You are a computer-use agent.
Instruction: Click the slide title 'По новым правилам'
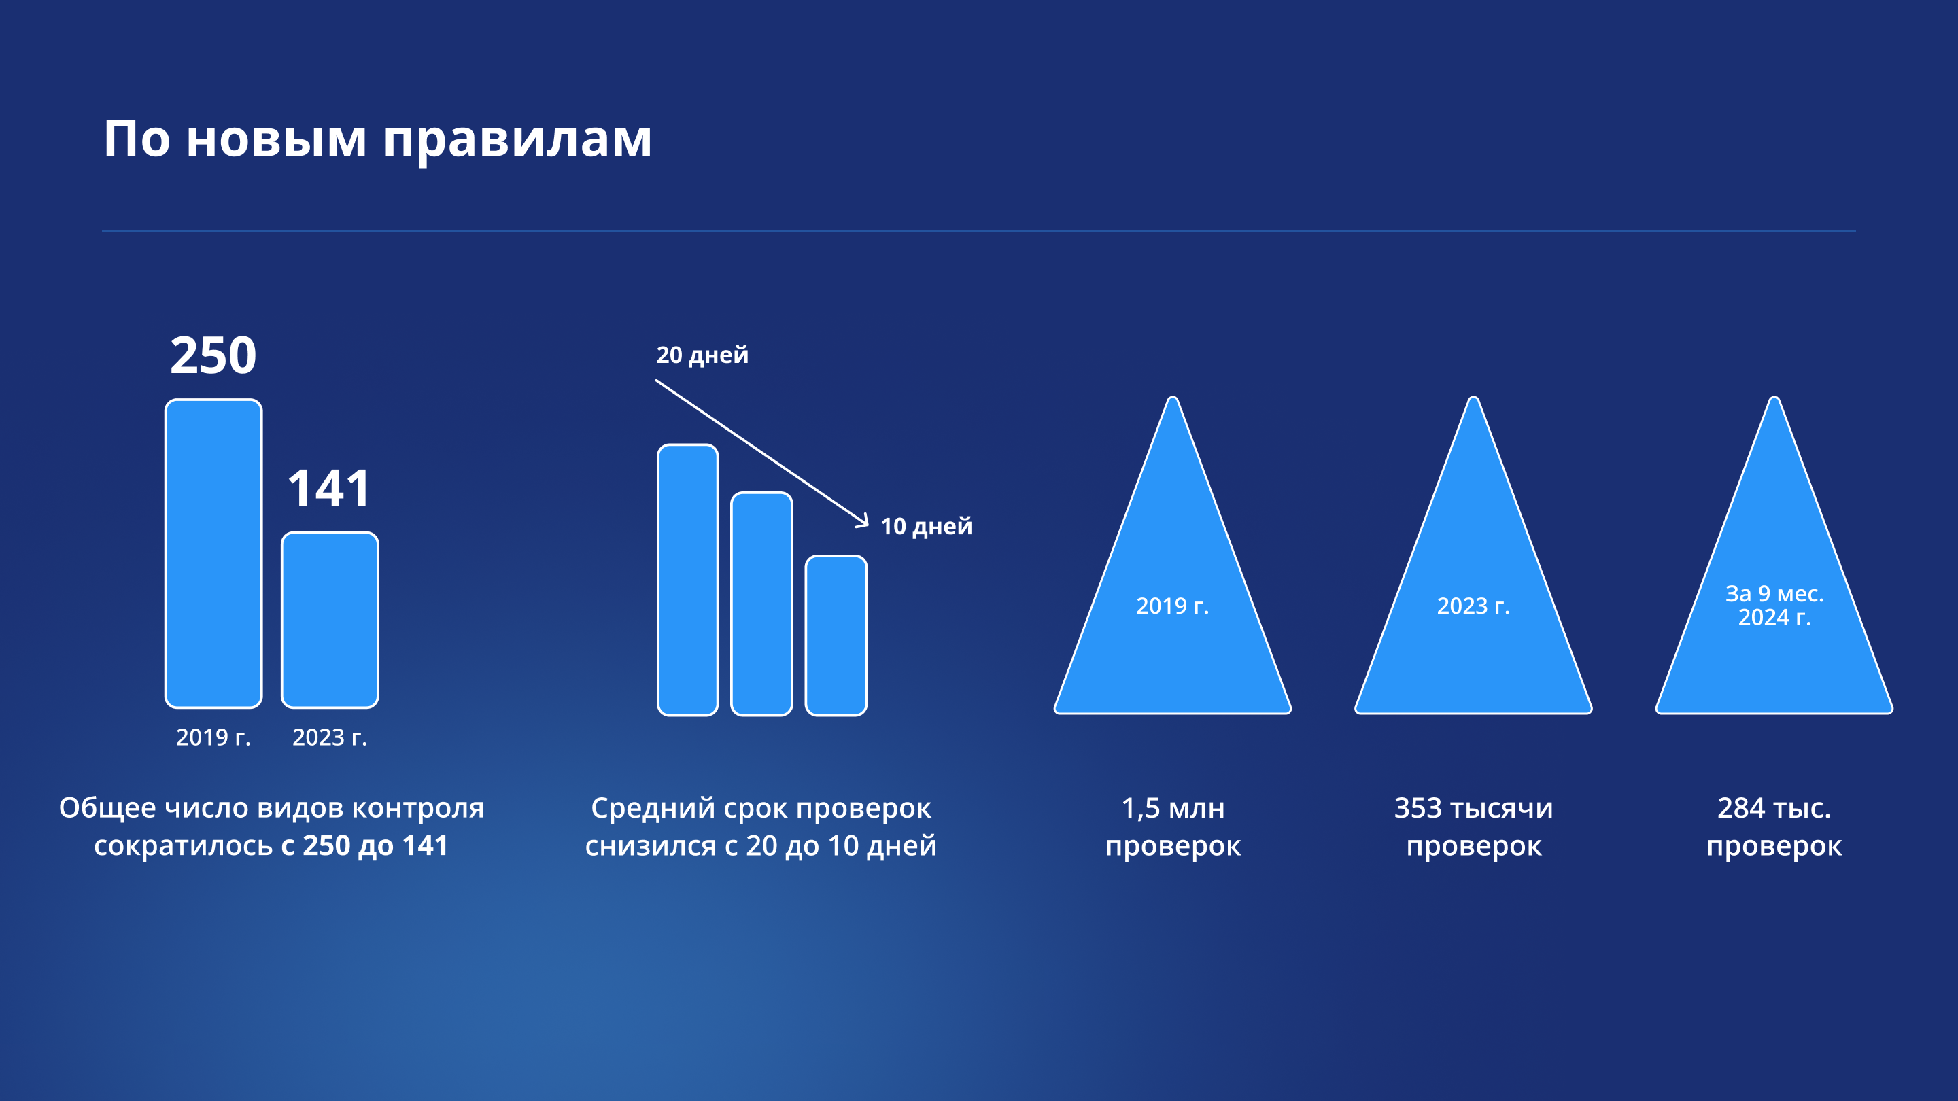point(378,140)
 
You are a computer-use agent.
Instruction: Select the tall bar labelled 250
point(213,553)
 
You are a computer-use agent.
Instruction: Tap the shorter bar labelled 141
point(330,619)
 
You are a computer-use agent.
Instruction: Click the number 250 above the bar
point(213,355)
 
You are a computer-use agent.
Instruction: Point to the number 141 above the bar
point(329,488)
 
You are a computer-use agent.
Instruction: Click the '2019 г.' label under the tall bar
point(213,737)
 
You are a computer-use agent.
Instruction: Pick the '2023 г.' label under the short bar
point(330,737)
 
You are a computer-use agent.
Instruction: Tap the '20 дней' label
point(702,355)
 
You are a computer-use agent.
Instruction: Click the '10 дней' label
point(927,527)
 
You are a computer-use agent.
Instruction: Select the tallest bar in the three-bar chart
point(688,580)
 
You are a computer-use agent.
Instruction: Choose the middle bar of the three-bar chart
point(761,604)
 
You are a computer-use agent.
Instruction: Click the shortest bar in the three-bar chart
point(836,635)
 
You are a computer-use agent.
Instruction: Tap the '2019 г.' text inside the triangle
point(1173,606)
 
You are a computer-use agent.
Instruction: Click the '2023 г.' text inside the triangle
point(1474,606)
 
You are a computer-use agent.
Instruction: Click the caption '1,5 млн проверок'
point(1173,826)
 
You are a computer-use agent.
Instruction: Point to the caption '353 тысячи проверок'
point(1474,826)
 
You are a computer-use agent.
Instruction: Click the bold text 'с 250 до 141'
point(365,845)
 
